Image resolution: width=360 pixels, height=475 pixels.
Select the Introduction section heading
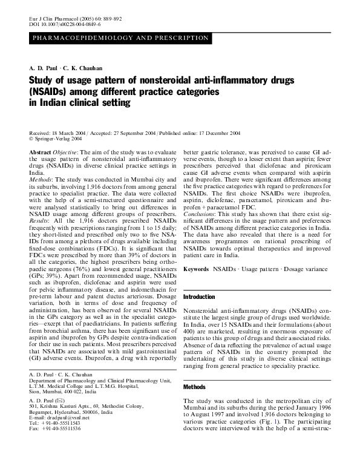tap(199, 297)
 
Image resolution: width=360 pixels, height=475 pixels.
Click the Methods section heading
tap(194, 386)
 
